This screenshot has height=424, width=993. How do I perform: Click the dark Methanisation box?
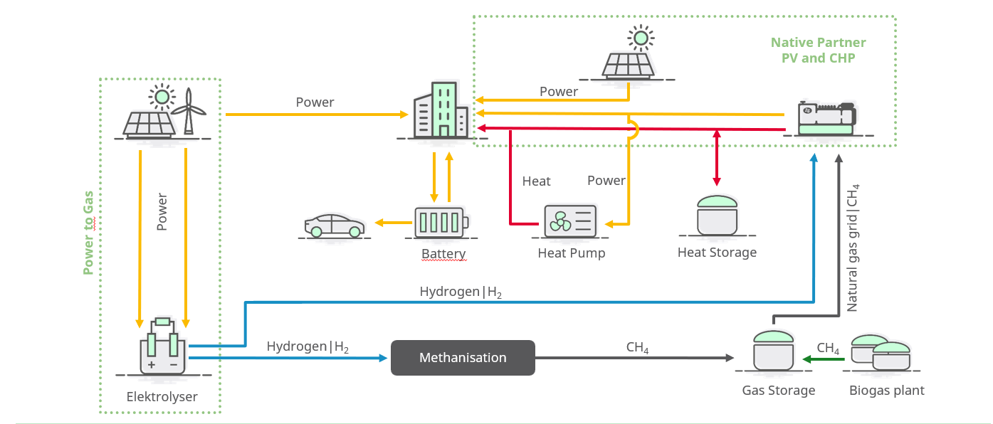click(463, 357)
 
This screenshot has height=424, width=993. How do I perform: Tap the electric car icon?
click(335, 225)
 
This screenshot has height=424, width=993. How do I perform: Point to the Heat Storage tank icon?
click(717, 215)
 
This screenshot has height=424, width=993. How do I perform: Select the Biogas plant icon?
click(882, 352)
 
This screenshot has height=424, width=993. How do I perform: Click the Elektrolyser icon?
click(162, 347)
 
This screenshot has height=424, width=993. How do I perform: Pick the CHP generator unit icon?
click(826, 119)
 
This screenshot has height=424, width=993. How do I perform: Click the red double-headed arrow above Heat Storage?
click(717, 158)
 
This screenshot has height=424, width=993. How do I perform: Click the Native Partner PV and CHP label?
click(818, 51)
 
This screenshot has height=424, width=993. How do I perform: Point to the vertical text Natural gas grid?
click(853, 247)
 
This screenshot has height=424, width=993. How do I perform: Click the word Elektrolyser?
click(162, 397)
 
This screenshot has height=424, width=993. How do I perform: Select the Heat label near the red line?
click(536, 181)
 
